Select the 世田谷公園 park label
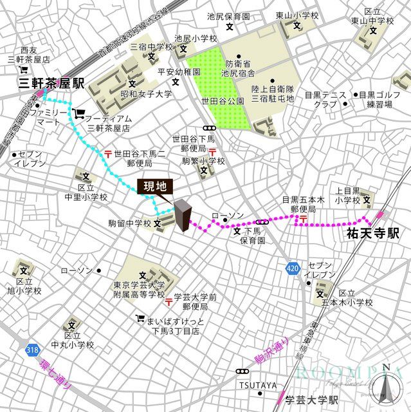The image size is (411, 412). [223, 102]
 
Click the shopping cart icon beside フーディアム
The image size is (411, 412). [78, 113]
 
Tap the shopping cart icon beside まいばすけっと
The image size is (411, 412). [140, 319]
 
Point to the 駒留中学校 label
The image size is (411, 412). [129, 224]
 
